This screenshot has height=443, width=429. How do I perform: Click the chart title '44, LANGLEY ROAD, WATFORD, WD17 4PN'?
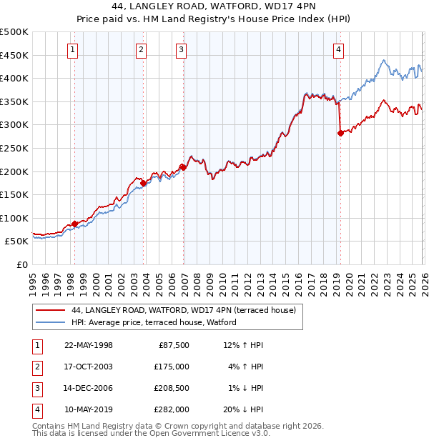point(214,6)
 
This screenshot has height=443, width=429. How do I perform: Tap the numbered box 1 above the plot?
point(74,49)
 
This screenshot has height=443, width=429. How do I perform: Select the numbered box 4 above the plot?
point(338,49)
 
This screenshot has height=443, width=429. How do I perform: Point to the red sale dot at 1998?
point(74,224)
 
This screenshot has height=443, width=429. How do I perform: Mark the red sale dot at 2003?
point(143,183)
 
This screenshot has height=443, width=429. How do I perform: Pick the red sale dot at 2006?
point(183,167)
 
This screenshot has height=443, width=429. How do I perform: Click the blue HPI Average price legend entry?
point(158,323)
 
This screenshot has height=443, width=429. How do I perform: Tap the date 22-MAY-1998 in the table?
point(89,345)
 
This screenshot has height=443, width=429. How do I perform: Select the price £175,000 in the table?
point(172,367)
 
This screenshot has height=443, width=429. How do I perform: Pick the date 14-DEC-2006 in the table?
point(89,388)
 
